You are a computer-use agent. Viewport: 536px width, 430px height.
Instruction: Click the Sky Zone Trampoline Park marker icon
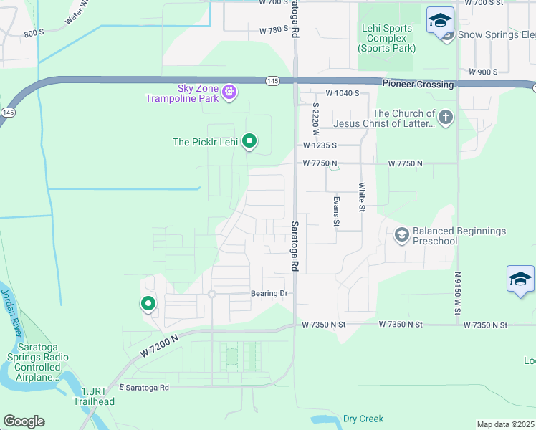(229, 92)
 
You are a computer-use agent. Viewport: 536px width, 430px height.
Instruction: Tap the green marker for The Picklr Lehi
(249, 141)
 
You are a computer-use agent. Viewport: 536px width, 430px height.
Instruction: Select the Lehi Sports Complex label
(386, 39)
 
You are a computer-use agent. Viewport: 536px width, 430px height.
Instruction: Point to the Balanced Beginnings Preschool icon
(402, 234)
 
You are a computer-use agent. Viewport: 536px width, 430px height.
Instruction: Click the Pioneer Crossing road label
(418, 85)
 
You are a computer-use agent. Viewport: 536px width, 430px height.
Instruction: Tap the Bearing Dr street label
(269, 294)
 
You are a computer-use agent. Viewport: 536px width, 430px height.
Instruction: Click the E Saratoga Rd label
(144, 388)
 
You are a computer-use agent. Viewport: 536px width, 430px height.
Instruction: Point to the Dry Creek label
(363, 419)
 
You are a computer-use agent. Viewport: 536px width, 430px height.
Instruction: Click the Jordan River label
(13, 314)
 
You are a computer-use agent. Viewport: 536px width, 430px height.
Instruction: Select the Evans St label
(335, 211)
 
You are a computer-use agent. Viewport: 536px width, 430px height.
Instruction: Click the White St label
(362, 196)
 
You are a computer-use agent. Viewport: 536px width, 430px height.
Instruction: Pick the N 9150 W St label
(456, 292)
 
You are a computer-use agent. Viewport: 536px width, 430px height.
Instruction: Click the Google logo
(24, 421)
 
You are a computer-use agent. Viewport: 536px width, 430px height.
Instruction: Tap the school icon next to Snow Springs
(439, 21)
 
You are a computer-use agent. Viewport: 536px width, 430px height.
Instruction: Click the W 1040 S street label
(342, 94)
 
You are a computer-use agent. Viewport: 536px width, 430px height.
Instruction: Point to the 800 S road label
(34, 33)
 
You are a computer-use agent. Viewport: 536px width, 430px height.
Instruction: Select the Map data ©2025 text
(505, 424)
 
